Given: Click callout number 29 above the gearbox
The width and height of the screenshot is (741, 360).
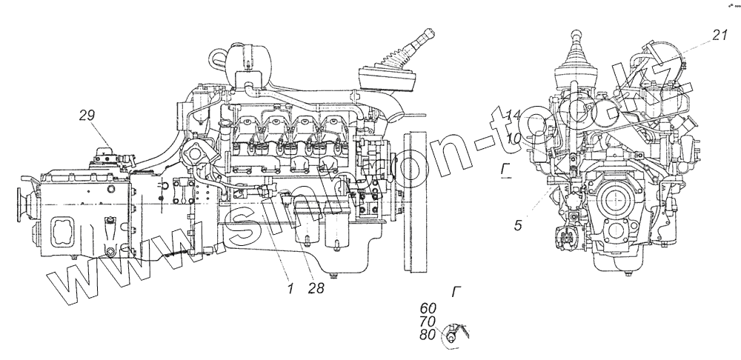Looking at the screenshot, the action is click(x=87, y=115).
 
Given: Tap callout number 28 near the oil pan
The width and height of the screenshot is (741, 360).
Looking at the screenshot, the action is click(x=316, y=290).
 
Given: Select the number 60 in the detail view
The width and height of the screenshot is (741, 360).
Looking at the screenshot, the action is click(x=428, y=308).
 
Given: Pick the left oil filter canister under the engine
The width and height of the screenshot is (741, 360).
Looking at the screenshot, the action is click(x=305, y=220).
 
